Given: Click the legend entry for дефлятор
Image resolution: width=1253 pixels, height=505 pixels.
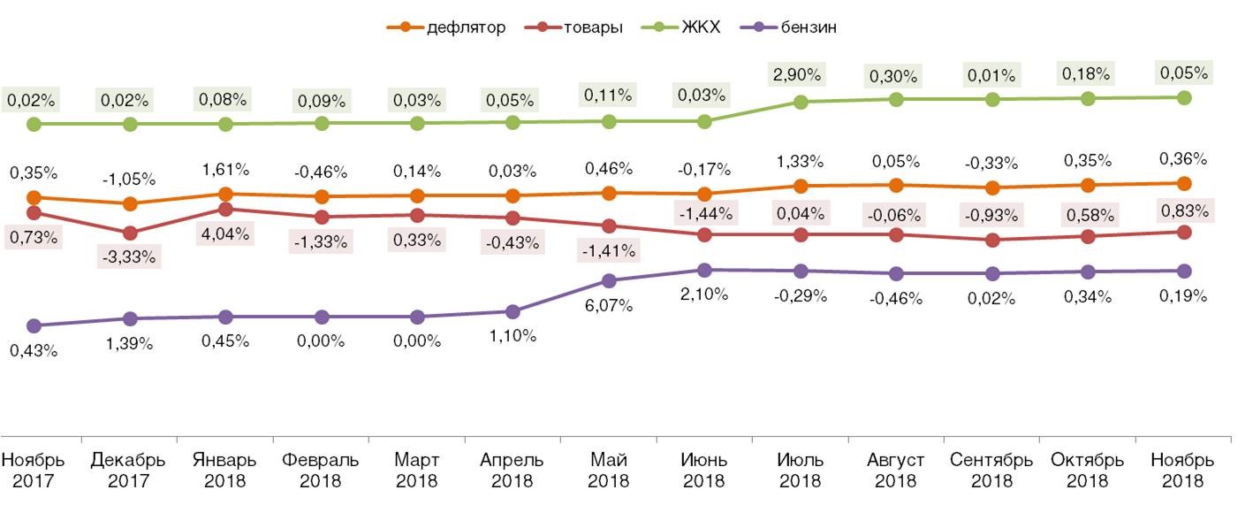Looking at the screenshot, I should pyautogui.click(x=446, y=27).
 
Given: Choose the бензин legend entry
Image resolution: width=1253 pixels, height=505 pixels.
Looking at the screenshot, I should pyautogui.click(x=794, y=27).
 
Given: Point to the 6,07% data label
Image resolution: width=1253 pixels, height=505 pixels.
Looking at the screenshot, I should pyautogui.click(x=609, y=306).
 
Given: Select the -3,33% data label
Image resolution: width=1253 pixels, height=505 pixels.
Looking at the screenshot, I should pyautogui.click(x=131, y=257).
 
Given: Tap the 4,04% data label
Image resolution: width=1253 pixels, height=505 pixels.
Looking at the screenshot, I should pyautogui.click(x=226, y=234).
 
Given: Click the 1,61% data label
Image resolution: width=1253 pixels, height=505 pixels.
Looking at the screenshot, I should pyautogui.click(x=226, y=165).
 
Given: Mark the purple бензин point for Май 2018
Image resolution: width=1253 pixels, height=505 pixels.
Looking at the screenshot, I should pyautogui.click(x=609, y=281).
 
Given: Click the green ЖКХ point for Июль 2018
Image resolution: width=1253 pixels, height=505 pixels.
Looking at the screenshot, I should pyautogui.click(x=801, y=103).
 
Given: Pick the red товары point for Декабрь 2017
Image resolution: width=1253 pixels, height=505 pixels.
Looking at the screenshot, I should pyautogui.click(x=130, y=233).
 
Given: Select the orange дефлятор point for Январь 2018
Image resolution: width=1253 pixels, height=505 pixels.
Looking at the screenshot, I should pyautogui.click(x=225, y=194).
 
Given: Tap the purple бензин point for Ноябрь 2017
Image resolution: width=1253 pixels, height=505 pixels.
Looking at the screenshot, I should pyautogui.click(x=34, y=326).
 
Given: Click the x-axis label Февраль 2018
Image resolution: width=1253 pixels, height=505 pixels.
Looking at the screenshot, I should pyautogui.click(x=322, y=471).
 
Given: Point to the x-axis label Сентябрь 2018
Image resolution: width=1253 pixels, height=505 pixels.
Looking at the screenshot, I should pyautogui.click(x=991, y=471).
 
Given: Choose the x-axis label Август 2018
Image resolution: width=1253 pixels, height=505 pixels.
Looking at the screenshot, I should pyautogui.click(x=896, y=471).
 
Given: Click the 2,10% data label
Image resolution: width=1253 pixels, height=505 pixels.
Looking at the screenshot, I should pyautogui.click(x=705, y=295).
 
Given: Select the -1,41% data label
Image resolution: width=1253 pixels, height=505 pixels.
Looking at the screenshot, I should pyautogui.click(x=609, y=250).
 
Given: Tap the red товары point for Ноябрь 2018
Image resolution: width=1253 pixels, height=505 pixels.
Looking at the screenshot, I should pyautogui.click(x=1184, y=233).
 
